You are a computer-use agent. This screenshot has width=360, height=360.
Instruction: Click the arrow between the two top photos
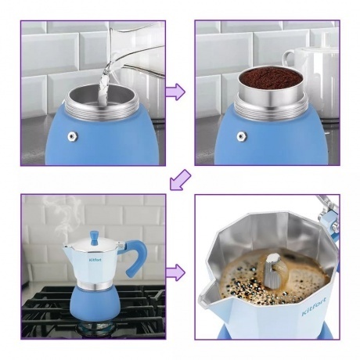click(176, 92)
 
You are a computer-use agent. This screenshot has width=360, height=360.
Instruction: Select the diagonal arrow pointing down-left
click(180, 180)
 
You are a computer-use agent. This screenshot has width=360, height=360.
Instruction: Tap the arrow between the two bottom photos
click(176, 272)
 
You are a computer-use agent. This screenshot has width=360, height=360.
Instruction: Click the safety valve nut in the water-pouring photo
click(72, 136)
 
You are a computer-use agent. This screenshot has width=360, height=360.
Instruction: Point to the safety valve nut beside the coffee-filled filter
click(242, 136)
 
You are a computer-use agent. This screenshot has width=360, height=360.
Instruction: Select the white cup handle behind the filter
click(289, 59)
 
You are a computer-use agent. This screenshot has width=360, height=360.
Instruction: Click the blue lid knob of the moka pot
click(93, 236)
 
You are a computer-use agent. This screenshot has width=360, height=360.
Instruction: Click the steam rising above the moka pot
click(65, 217)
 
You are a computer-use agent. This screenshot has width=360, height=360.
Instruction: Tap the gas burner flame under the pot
click(96, 329)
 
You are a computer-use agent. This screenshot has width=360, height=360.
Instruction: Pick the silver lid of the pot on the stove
click(93, 246)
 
